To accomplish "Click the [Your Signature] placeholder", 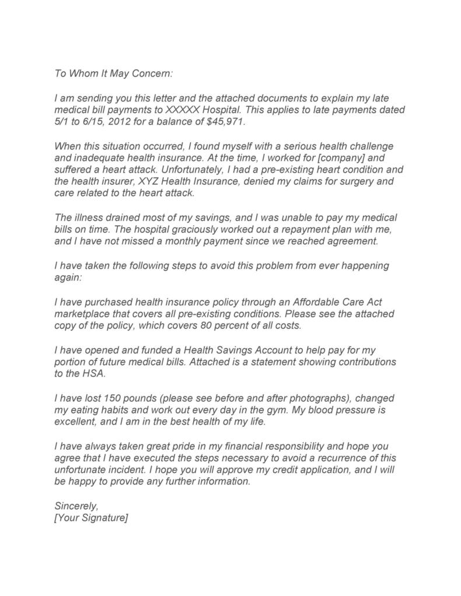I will (90, 517).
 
